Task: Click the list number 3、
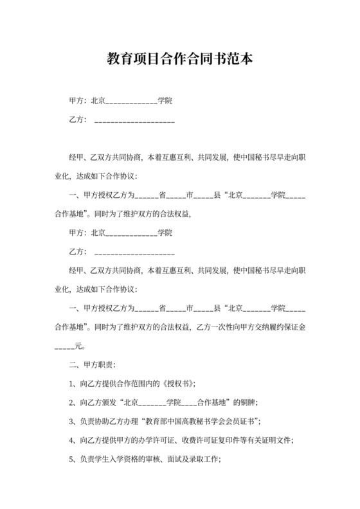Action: pyautogui.click(x=72, y=422)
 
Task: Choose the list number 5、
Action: pyautogui.click(x=72, y=460)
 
